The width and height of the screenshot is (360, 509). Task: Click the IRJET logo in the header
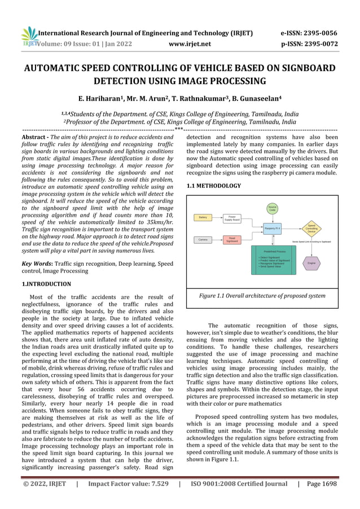click(x=28, y=37)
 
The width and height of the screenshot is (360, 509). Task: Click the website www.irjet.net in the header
click(x=190, y=43)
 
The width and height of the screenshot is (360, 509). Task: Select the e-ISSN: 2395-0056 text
click(x=309, y=33)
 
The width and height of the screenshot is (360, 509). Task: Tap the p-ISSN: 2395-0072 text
click(x=309, y=43)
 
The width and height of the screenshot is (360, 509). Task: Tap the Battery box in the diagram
click(x=203, y=217)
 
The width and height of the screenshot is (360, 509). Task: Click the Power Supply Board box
click(x=231, y=218)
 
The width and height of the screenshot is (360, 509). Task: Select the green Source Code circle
click(x=272, y=209)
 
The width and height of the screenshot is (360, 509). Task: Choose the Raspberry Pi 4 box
click(x=272, y=228)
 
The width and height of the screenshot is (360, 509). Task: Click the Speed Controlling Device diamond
click(x=311, y=229)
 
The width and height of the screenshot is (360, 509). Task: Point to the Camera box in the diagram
click(x=203, y=240)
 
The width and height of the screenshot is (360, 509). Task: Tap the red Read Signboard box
click(x=231, y=240)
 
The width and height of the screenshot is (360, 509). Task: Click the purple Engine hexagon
click(x=311, y=263)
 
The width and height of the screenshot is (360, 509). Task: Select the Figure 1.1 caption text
click(x=262, y=296)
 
